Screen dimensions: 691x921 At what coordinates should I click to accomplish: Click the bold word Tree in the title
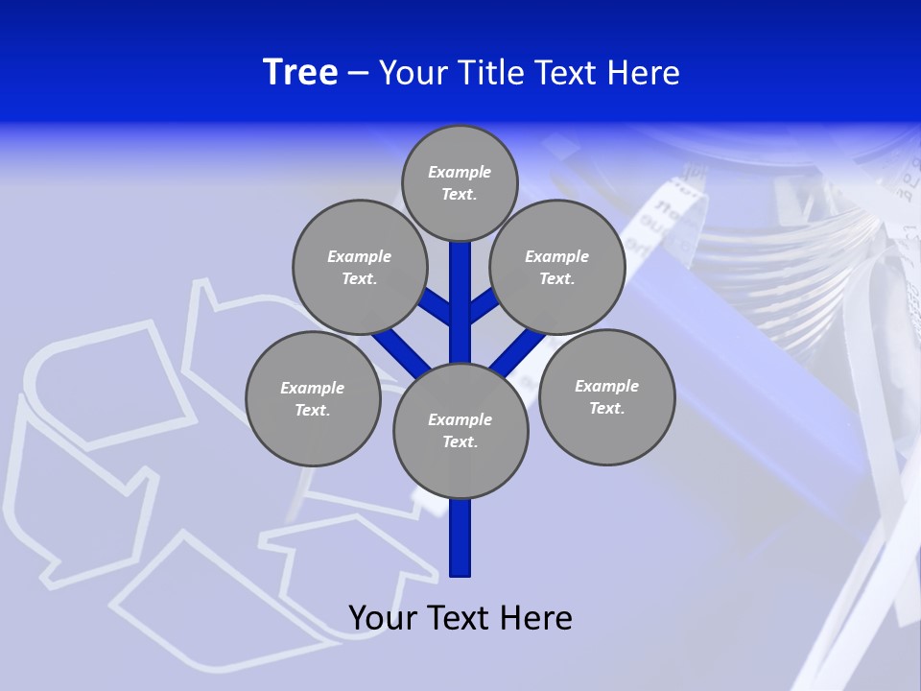[x=300, y=72]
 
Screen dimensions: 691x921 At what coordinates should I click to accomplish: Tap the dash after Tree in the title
[x=359, y=73]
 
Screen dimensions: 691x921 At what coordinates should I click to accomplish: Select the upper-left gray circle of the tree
[x=360, y=267]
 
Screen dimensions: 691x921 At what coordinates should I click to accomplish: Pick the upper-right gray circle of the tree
[x=557, y=267]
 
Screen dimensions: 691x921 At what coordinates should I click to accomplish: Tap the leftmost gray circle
[x=313, y=398]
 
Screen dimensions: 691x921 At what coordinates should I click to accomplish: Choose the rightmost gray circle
[x=606, y=396]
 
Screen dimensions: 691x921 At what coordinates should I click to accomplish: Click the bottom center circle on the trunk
[x=460, y=430]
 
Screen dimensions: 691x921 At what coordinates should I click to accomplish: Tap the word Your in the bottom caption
[x=384, y=618]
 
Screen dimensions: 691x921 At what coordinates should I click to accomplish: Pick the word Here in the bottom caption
[x=538, y=618]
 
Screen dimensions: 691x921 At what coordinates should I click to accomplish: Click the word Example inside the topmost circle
[x=460, y=173]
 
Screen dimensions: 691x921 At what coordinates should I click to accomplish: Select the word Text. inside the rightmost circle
[x=606, y=409]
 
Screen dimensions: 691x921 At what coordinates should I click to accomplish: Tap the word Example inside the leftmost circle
[x=312, y=389]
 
